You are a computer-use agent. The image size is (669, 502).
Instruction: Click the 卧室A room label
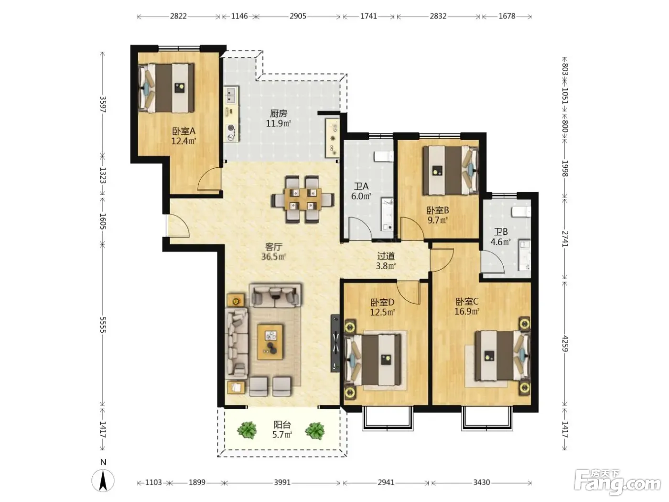pos(184,131)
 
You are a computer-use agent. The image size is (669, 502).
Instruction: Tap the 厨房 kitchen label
pos(279,114)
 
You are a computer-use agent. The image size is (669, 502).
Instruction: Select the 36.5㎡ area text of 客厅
pos(273,257)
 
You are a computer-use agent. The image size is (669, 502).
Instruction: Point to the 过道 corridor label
pos(386,256)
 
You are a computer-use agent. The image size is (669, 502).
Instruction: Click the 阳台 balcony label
pos(282,425)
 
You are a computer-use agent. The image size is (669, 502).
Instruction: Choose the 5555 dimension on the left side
pos(103,325)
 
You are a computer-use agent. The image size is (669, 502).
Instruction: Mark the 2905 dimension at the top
pos(298,16)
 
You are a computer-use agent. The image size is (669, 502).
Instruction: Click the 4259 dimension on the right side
pos(565,343)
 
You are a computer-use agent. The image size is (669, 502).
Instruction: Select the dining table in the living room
pos(302,199)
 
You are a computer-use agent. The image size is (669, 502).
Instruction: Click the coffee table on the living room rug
pos(270,342)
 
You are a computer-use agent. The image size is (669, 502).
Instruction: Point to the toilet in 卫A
pos(384,156)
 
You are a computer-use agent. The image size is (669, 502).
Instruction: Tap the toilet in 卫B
pos(521,212)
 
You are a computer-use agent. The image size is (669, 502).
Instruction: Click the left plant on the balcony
pos(247,430)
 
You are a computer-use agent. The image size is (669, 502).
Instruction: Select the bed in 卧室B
pos(450,170)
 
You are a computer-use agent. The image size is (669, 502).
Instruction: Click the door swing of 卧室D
pos(409,292)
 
